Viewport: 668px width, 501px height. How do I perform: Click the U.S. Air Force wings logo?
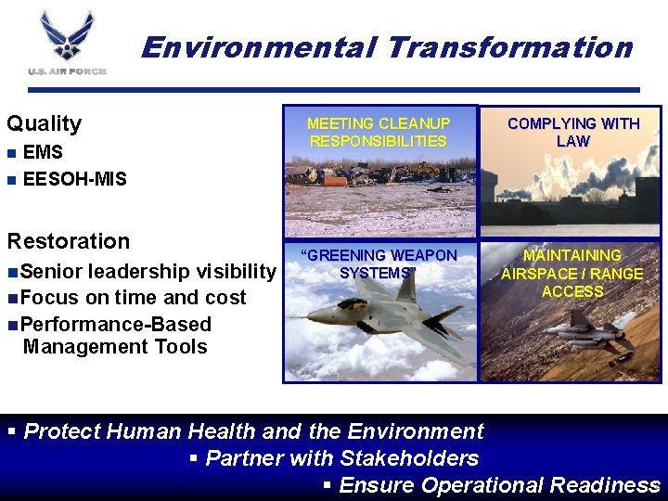click(x=67, y=35)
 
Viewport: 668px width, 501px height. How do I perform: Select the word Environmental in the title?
click(x=255, y=46)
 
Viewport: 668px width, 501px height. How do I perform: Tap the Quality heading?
click(x=45, y=123)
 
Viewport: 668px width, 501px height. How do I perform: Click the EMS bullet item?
click(x=43, y=152)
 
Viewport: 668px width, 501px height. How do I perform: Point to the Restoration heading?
click(x=69, y=241)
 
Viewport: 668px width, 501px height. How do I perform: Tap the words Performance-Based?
click(x=115, y=324)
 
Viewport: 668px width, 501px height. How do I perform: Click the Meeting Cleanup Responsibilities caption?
click(x=379, y=133)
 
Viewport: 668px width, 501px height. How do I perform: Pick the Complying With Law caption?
click(x=572, y=133)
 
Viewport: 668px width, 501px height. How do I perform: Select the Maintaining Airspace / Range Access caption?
click(x=572, y=273)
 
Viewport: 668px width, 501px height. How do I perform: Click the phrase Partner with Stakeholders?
click(x=341, y=457)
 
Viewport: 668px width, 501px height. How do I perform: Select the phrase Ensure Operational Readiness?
click(x=499, y=485)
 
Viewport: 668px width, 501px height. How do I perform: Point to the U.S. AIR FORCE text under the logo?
click(x=67, y=71)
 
